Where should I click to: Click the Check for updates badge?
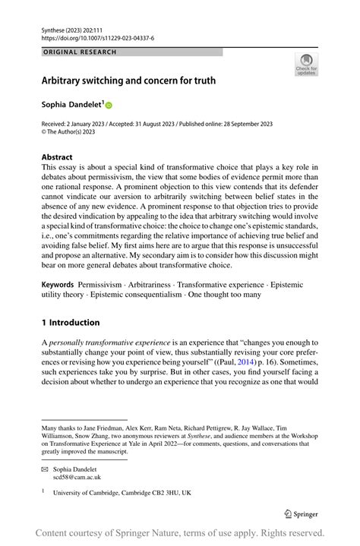(x=306, y=64)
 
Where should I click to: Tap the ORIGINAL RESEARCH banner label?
(x=80, y=52)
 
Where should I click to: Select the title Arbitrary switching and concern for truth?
(x=128, y=80)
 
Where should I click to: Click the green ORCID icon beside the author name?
(x=109, y=105)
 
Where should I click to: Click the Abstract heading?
(x=57, y=157)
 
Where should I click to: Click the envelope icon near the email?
(x=45, y=470)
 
